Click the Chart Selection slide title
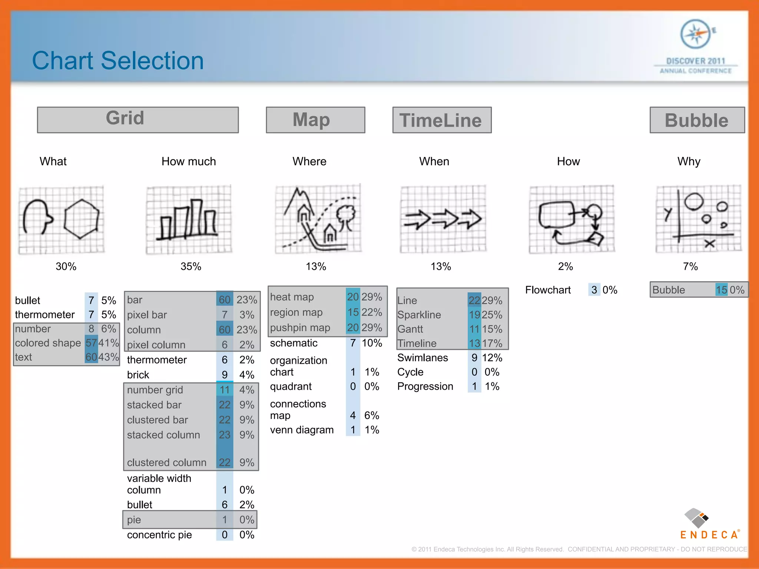tap(118, 61)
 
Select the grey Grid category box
tap(137, 120)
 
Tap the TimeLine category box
tap(442, 120)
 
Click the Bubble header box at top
tap(697, 120)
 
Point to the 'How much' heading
tap(188, 162)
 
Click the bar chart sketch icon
tap(189, 219)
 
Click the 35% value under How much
tap(190, 266)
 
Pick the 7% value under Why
tap(690, 266)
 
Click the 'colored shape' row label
tap(48, 343)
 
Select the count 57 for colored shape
tap(91, 343)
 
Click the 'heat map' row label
tap(292, 297)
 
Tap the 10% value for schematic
tap(372, 343)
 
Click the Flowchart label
tap(547, 290)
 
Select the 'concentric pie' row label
tap(159, 535)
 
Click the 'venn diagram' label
tap(302, 430)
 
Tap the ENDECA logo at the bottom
tap(709, 525)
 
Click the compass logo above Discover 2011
tap(696, 34)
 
